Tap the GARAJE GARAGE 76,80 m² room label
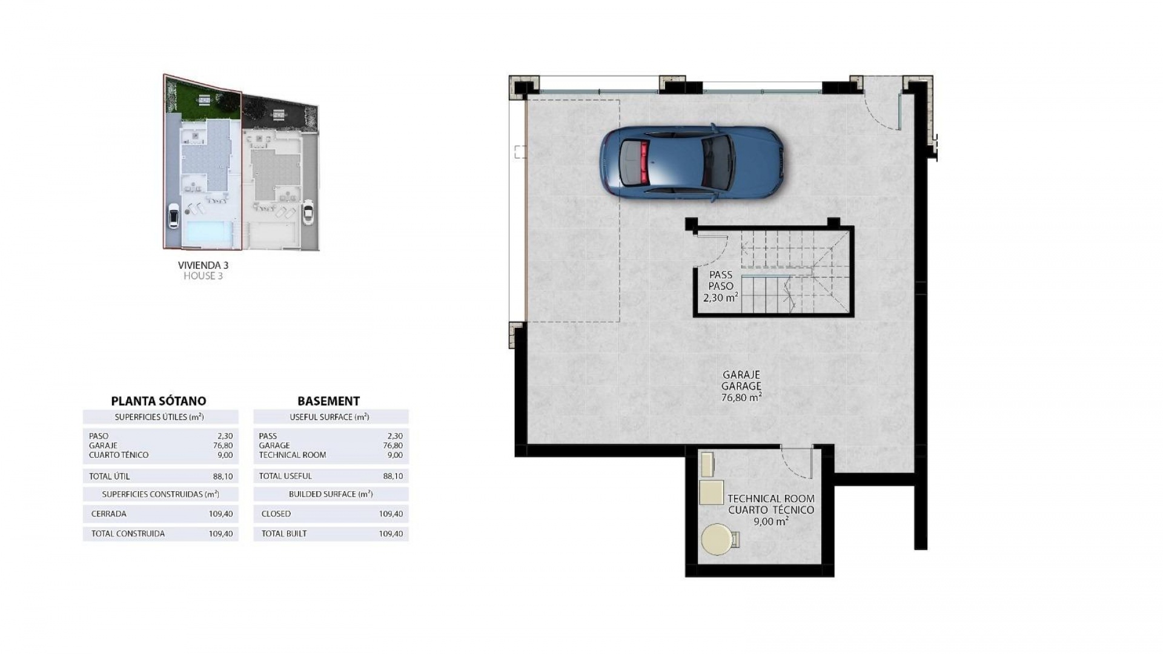coord(741,386)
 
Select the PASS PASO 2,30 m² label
coord(720,286)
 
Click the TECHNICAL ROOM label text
coord(770,499)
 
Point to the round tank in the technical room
coord(717,539)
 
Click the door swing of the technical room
coord(795,463)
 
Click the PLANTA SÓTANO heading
coord(159,401)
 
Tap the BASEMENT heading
coord(328,401)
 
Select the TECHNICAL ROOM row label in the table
coord(292,455)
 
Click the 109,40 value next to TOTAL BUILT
coord(391,533)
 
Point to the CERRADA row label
coord(109,514)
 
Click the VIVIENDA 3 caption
coord(203,265)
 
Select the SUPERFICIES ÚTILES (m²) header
coord(159,417)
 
